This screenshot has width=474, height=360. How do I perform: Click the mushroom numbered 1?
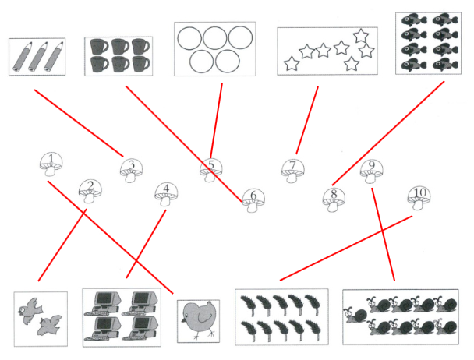pyautogui.click(x=51, y=166)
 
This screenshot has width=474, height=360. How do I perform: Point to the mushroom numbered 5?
pyautogui.click(x=210, y=169)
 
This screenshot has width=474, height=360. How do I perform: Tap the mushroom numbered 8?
pyautogui.click(x=334, y=198)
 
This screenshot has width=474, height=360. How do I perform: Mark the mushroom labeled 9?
pyautogui.click(x=372, y=171)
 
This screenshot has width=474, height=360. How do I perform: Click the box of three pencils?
pyautogui.click(x=37, y=58)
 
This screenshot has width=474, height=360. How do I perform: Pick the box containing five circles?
pyautogui.click(x=214, y=48)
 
